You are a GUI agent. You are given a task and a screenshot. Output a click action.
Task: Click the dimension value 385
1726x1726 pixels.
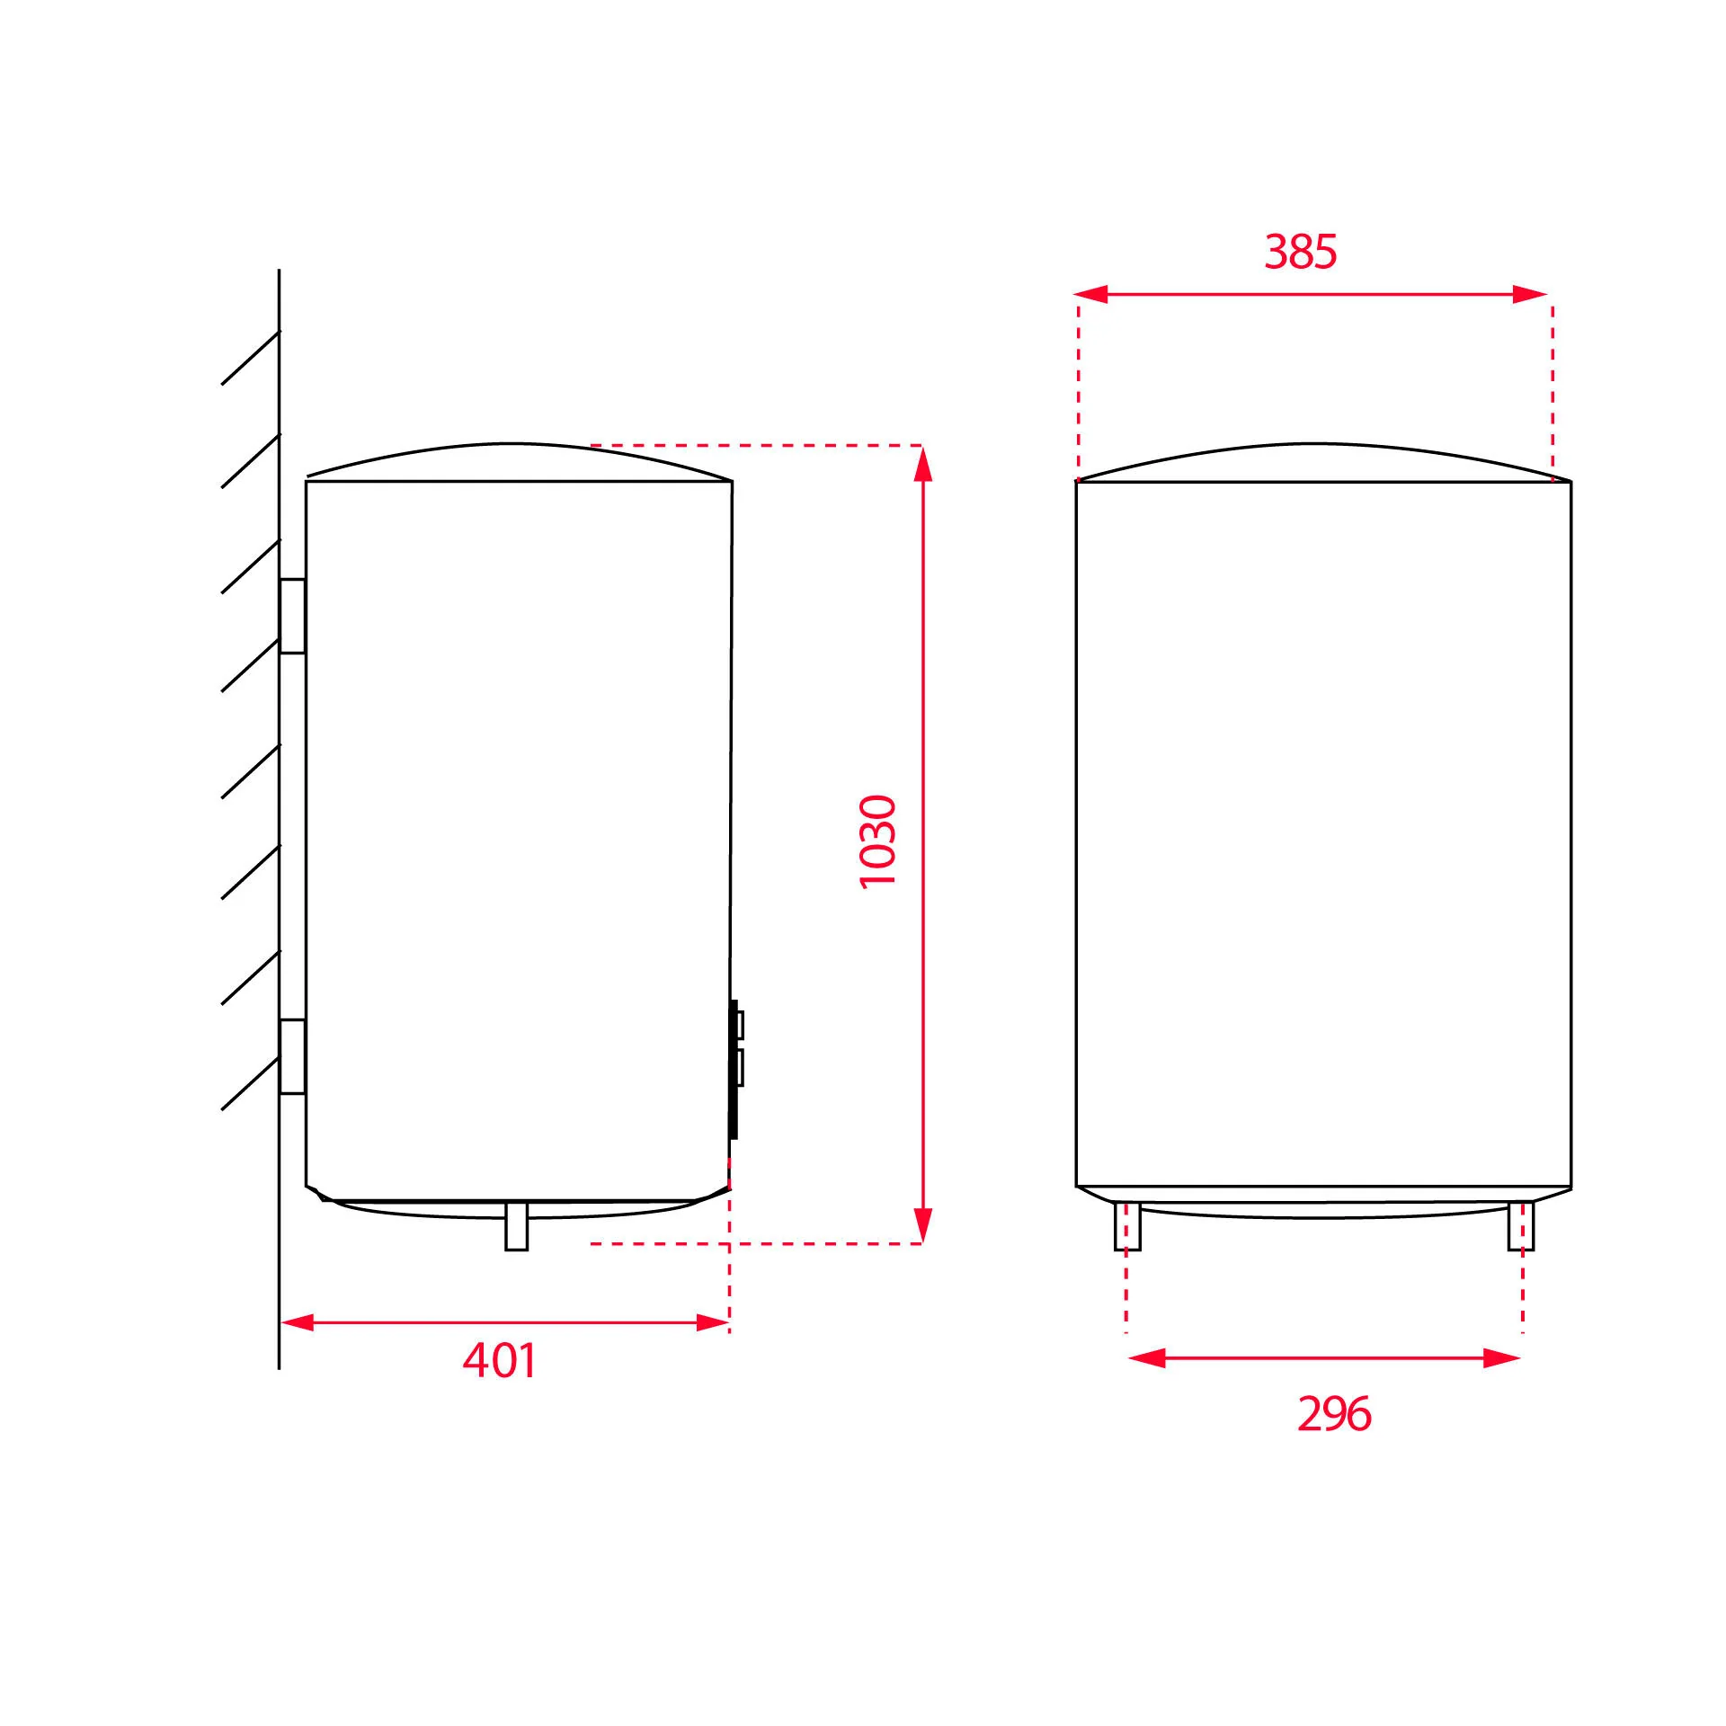1300,252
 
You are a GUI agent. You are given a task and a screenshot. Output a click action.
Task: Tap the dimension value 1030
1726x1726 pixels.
878,841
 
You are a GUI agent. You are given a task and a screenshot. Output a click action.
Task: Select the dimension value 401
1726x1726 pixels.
499,1360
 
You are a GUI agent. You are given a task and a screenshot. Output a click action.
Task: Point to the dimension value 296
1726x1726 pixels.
1334,1414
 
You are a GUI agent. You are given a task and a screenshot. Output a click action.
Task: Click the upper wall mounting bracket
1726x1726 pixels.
292,616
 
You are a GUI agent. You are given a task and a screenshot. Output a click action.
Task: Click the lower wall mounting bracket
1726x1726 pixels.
292,1056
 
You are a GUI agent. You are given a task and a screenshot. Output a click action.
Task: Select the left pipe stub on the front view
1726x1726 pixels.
1127,1226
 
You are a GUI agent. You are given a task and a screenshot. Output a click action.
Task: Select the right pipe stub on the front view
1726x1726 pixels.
1521,1226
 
